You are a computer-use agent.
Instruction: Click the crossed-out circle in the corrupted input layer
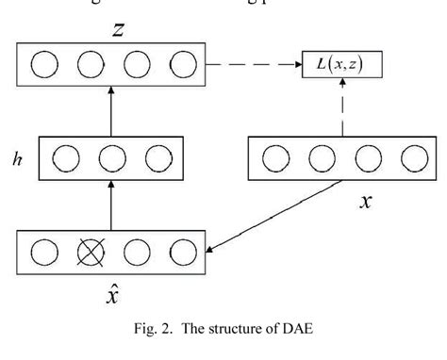(x=91, y=254)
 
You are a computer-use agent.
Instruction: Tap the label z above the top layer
(x=117, y=30)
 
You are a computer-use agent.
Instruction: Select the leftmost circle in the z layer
(x=44, y=65)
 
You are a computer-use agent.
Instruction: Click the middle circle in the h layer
(x=112, y=157)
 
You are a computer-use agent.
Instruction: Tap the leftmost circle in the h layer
(x=66, y=157)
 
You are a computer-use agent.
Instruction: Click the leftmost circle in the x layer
(x=274, y=157)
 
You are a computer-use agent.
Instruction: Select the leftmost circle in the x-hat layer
(x=44, y=254)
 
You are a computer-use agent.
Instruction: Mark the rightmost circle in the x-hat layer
(x=181, y=254)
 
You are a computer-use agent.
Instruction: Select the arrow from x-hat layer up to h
(x=112, y=205)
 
